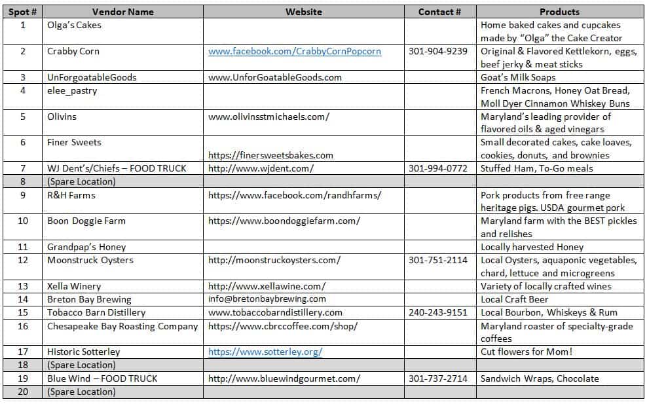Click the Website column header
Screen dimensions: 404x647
pyautogui.click(x=303, y=12)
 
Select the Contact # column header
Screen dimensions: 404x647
pyautogui.click(x=439, y=12)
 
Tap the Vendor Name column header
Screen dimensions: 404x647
pyautogui.click(x=123, y=12)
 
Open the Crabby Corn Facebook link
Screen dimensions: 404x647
pyautogui.click(x=295, y=51)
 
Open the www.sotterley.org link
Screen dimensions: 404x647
pyautogui.click(x=265, y=352)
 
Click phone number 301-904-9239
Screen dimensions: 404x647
pyautogui.click(x=438, y=51)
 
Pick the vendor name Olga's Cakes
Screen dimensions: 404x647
pyautogui.click(x=74, y=25)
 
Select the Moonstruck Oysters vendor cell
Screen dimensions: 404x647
pyautogui.click(x=90, y=260)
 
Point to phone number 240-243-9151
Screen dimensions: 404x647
pyautogui.click(x=438, y=312)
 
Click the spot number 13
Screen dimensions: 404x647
pyautogui.click(x=23, y=286)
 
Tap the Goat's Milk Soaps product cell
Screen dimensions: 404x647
pyautogui.click(x=518, y=77)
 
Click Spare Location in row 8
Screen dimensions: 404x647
pyautogui.click(x=81, y=181)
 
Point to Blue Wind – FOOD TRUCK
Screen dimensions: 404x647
pyautogui.click(x=102, y=378)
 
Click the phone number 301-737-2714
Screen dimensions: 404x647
pyautogui.click(x=438, y=378)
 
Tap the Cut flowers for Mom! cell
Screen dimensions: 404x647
pyautogui.click(x=527, y=352)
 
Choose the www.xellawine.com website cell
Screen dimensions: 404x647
pyautogui.click(x=267, y=286)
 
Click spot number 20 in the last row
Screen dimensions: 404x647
pyautogui.click(x=23, y=392)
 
